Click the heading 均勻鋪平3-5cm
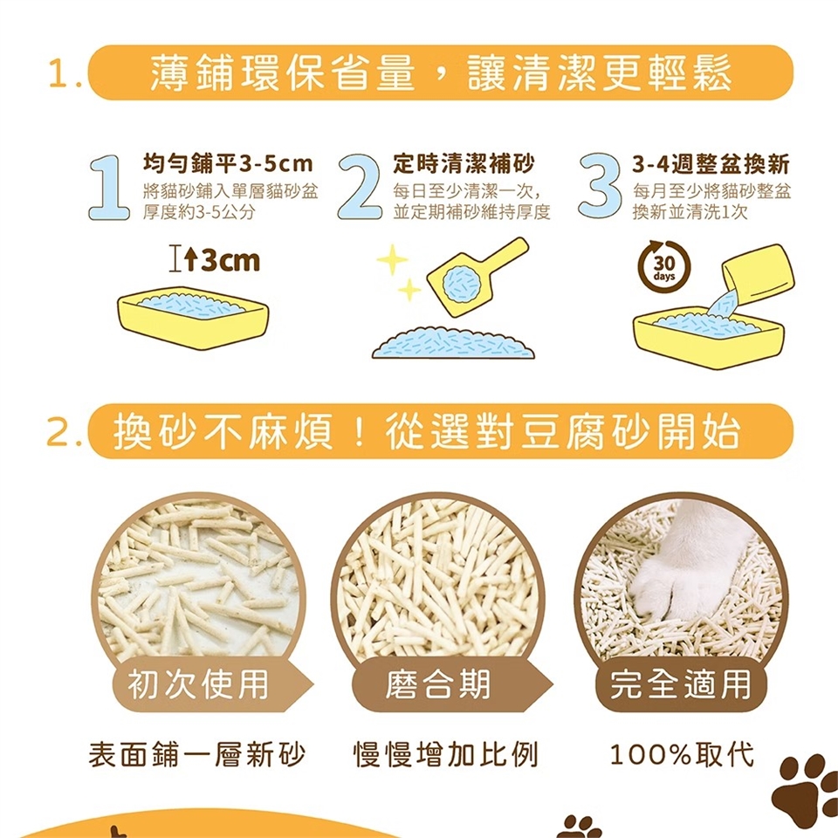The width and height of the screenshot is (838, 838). [228, 164]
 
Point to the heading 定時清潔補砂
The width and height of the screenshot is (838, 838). [464, 164]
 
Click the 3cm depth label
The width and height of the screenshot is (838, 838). [214, 261]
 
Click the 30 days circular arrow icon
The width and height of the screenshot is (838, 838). [664, 265]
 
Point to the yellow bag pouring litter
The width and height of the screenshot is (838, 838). [758, 275]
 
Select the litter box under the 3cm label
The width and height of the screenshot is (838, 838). [193, 320]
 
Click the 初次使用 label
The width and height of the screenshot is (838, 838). [198, 684]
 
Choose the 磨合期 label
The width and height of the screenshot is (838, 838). [437, 684]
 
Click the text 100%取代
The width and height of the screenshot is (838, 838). [682, 754]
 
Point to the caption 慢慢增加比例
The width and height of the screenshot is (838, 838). [446, 754]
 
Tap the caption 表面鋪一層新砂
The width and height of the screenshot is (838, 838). [196, 754]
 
